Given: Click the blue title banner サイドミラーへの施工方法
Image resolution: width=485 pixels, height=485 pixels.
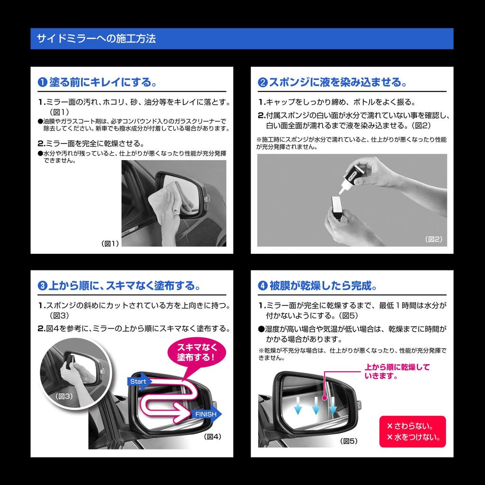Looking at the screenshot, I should click(x=242, y=38).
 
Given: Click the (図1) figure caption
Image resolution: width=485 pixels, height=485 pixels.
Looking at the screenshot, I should click(x=110, y=243).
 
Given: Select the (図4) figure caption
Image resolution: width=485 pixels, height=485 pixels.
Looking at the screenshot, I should click(x=212, y=436).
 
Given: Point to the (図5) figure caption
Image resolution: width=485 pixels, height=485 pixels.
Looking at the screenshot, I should click(x=349, y=441).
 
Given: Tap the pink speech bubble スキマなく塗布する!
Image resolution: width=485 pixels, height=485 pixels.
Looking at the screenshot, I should click(x=196, y=351).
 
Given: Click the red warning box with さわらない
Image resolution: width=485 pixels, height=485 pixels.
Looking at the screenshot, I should click(x=413, y=431).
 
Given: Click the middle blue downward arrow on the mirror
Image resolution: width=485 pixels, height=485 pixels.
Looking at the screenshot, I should click(x=315, y=405).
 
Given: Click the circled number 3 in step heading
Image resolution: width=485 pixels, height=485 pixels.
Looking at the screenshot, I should click(x=42, y=286).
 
